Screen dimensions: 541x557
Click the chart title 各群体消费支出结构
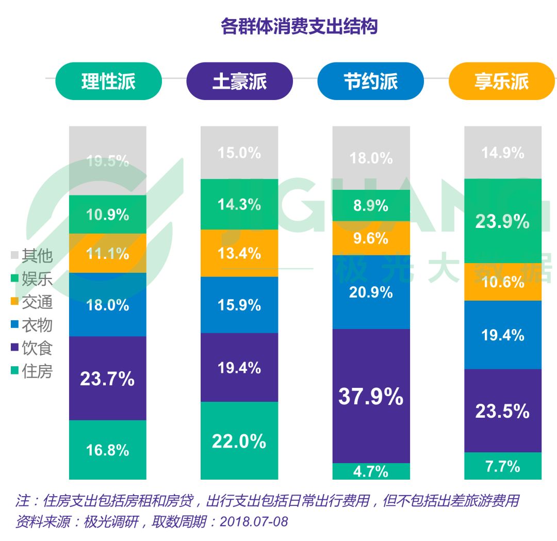pos(299,26)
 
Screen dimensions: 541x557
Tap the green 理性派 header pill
pos(108,81)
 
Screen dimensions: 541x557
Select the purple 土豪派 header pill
pos(239,81)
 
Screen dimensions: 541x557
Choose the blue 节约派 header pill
pos(370,81)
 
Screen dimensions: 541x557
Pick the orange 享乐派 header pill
pos(502,81)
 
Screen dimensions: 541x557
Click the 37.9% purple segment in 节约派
pos(371,396)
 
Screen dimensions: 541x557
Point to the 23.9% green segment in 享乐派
pos(503,221)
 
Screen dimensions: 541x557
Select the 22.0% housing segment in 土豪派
pos(239,440)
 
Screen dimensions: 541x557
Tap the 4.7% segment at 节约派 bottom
pos(371,471)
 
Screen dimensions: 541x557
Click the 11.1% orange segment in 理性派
pos(108,253)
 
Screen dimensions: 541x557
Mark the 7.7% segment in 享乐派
pos(503,466)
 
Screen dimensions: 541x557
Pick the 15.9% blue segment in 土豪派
pos(239,305)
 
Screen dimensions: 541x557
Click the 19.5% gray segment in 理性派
pos(108,161)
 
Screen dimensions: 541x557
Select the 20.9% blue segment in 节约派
pos(371,292)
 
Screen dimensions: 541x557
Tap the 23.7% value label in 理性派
pos(107,379)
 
